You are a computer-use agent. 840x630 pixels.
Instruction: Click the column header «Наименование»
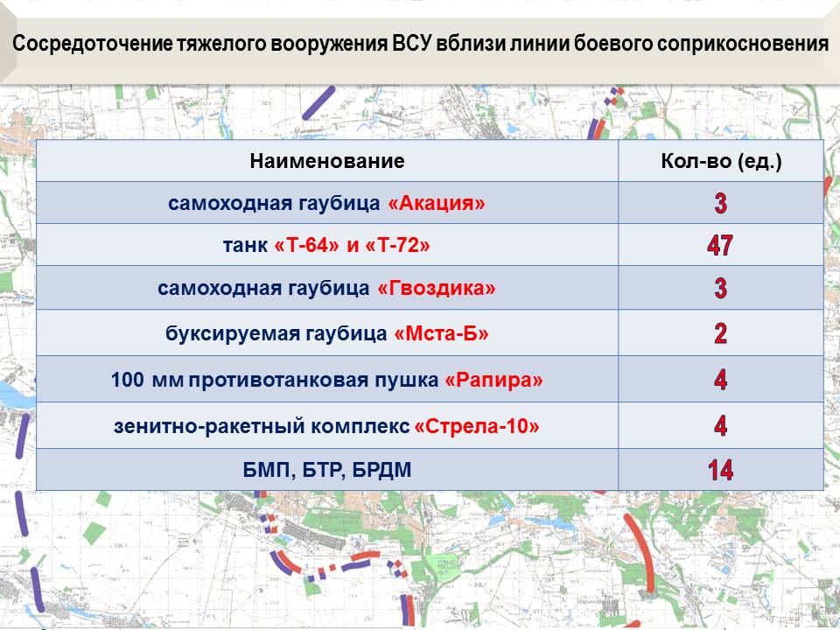(x=326, y=161)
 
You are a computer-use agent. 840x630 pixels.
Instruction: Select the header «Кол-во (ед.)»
(x=721, y=161)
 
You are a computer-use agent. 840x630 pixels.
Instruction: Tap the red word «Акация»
(x=437, y=204)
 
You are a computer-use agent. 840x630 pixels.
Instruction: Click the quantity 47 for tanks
(x=720, y=245)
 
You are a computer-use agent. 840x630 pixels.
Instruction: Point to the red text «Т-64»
(x=306, y=245)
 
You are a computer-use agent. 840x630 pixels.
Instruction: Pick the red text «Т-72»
(x=397, y=245)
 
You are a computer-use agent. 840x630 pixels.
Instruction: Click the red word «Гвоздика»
(x=437, y=288)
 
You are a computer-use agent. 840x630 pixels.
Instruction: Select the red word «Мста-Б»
(x=441, y=333)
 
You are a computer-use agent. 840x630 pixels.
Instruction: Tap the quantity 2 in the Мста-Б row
(x=720, y=333)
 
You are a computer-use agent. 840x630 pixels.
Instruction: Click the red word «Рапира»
(x=493, y=381)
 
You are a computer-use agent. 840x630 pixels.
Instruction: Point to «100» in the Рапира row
(x=128, y=380)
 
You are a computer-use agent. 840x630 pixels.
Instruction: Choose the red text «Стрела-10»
(x=477, y=426)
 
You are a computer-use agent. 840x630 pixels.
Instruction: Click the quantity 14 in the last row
(x=720, y=470)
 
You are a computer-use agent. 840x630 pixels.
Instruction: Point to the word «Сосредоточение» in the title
(x=93, y=44)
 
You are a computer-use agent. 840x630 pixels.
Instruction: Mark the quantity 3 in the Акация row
(x=720, y=203)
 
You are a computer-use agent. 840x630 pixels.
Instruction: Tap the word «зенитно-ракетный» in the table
(x=209, y=427)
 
